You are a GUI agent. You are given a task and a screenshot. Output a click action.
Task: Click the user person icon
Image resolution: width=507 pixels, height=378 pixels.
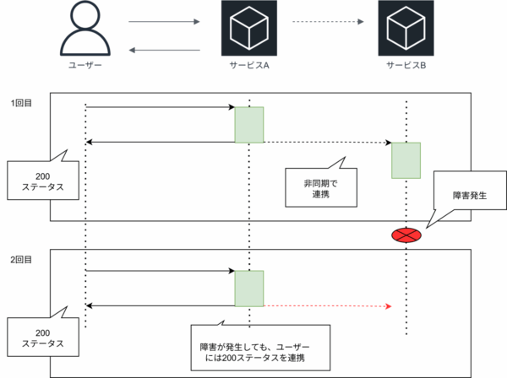pos(86,30)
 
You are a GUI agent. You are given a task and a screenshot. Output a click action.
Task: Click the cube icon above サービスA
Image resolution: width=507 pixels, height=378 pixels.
pos(249,30)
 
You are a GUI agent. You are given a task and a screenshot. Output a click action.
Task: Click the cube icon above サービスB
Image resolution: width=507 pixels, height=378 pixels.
pos(406,30)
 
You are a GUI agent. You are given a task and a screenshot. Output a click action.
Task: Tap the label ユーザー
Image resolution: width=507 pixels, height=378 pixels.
pos(86,67)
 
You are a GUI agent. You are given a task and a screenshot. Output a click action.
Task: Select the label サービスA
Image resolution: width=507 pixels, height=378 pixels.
pos(249,67)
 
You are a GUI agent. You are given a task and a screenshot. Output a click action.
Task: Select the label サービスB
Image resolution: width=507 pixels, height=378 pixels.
pos(406,67)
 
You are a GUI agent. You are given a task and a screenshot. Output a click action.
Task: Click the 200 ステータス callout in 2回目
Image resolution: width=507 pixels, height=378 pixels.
pos(36,338)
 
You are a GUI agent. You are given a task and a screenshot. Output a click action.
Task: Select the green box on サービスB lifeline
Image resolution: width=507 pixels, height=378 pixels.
pos(406,160)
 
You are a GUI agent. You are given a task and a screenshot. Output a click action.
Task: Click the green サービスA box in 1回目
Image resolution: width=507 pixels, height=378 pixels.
pos(249,124)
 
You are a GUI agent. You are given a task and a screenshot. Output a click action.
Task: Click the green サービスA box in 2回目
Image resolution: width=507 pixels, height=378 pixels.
pos(249,289)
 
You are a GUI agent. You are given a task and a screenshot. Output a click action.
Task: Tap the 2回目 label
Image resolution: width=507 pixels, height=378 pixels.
pos(21,259)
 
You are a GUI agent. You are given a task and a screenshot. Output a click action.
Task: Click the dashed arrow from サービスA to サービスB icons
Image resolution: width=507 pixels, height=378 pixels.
pos(329,21)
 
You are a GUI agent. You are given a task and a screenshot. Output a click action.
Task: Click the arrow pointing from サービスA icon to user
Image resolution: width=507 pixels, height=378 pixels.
pos(164,50)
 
